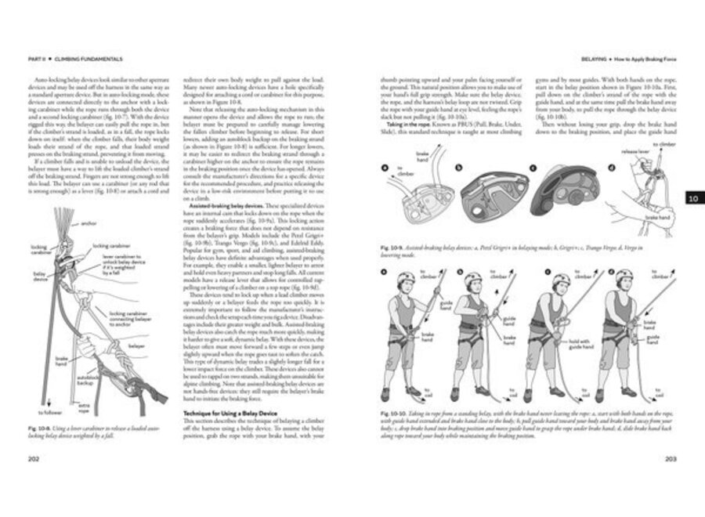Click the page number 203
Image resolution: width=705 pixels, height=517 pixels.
pos(671,459)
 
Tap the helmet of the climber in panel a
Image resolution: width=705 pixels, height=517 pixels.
pos(407,278)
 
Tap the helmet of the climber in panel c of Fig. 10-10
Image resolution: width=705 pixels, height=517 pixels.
pos(559,280)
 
